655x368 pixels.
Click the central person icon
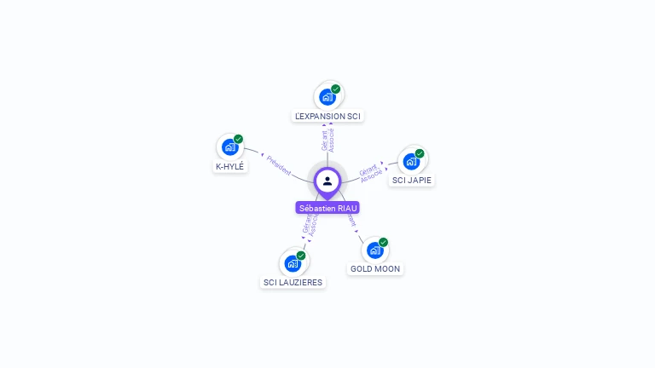[327, 181]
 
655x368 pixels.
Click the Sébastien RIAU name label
[327, 208]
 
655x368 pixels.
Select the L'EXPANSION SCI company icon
[327, 97]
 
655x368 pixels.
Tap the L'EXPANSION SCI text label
[327, 116]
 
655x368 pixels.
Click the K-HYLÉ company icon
[229, 147]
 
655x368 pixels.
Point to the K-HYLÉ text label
[230, 167]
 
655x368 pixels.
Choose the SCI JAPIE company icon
[411, 162]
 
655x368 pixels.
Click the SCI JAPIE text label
[412, 181]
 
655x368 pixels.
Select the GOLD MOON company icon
[374, 250]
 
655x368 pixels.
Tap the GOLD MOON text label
[375, 269]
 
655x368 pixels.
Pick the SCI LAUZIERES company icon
[293, 263]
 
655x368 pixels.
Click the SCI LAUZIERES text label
[293, 283]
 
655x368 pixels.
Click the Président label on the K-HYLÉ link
[278, 164]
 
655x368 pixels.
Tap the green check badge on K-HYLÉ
[239, 139]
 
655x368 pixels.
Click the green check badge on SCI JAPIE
[420, 153]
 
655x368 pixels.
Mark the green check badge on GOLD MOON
[384, 242]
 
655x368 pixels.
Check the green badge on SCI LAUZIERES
[301, 255]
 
